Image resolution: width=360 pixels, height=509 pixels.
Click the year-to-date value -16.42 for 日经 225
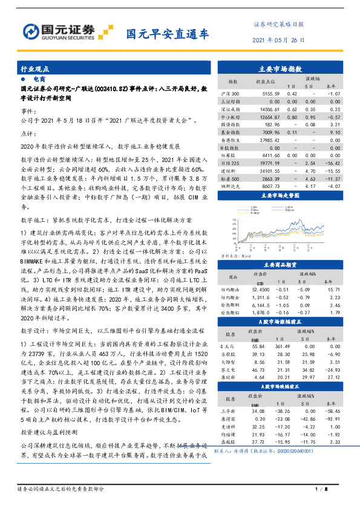click(x=331, y=163)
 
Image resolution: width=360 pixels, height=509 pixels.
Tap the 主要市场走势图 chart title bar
click(x=284, y=196)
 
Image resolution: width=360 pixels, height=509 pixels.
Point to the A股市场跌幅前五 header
click(x=284, y=386)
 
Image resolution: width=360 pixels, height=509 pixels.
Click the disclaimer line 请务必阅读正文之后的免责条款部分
click(x=61, y=488)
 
